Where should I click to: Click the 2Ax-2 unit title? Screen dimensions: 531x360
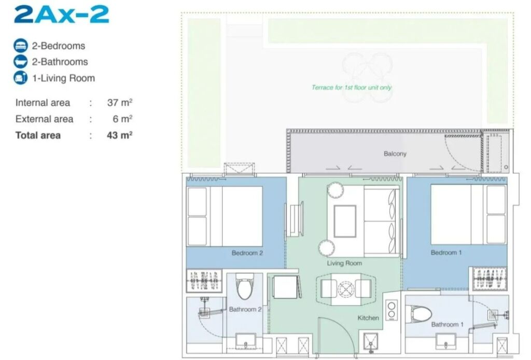(x=62, y=14)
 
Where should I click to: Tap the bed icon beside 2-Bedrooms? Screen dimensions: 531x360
(x=21, y=45)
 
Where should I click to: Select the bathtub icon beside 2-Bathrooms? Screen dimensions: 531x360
(x=21, y=62)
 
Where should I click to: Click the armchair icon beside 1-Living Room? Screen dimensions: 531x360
(x=21, y=78)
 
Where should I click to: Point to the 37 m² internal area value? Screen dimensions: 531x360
(x=120, y=102)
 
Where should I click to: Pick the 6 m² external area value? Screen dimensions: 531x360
(x=122, y=119)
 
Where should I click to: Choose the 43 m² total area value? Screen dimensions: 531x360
(x=120, y=135)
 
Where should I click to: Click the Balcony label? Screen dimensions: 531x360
(x=395, y=154)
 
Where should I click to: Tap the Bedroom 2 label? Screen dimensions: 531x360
(x=247, y=253)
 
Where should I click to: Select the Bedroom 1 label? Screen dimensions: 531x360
(x=446, y=252)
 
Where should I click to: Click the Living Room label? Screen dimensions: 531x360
(x=344, y=263)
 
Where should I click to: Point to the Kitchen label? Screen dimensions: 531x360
(x=368, y=317)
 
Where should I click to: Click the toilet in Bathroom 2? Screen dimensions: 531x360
(x=245, y=286)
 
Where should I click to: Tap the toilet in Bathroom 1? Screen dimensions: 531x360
(x=418, y=313)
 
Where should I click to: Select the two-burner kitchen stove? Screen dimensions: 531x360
(x=392, y=310)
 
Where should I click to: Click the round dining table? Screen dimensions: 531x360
(x=346, y=289)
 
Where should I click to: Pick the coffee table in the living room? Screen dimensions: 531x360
(x=345, y=221)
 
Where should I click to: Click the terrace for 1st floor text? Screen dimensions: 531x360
(x=352, y=87)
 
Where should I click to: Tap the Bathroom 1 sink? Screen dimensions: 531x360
(x=445, y=341)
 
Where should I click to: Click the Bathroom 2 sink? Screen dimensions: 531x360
(x=245, y=341)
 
